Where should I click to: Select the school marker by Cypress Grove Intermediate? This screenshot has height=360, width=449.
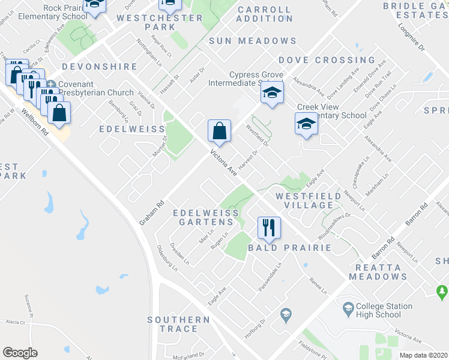pos(272,93)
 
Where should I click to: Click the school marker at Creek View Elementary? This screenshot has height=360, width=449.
pos(306,124)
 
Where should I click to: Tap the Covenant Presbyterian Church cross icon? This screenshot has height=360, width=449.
pos(52,85)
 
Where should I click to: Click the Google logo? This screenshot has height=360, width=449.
pos(20,353)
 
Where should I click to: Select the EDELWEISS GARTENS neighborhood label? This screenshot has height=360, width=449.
pos(206,217)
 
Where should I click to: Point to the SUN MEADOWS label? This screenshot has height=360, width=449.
pos(253,41)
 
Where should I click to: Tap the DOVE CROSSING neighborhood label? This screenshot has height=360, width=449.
pos(327,61)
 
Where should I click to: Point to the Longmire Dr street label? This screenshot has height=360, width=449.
pos(411,37)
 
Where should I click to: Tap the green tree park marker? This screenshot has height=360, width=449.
pos(442,291)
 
